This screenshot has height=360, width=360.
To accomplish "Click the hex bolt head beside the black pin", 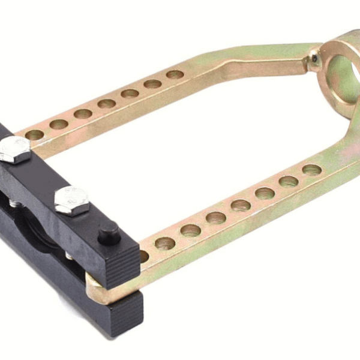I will (72, 200).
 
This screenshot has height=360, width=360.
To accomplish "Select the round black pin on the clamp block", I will (109, 232).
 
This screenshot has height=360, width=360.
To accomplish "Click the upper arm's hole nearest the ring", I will (175, 75).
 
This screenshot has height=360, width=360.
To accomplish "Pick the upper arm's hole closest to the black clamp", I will (35, 135).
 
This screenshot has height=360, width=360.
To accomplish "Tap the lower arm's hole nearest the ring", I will (312, 170).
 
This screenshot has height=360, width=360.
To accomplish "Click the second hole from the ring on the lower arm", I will (289, 181).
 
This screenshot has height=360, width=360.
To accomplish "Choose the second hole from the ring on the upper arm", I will (152, 84).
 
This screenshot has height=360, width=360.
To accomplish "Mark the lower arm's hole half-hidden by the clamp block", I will (143, 256).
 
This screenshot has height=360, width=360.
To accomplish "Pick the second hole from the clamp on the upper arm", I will (59, 124).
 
